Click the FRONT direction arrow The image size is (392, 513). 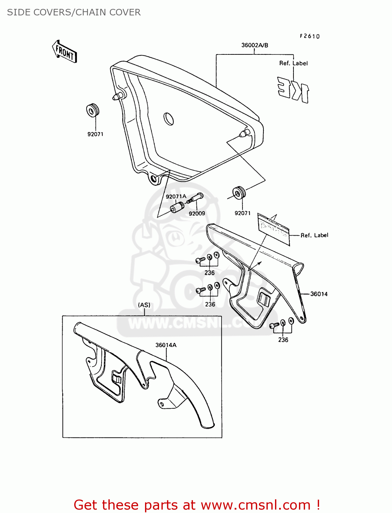pyautogui.click(x=65, y=52)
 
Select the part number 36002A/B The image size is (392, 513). pyautogui.click(x=254, y=45)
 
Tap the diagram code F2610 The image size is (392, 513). pyautogui.click(x=310, y=36)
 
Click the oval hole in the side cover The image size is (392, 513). pyautogui.click(x=169, y=119)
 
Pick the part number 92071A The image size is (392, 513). pyautogui.click(x=176, y=196)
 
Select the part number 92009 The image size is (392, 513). pyautogui.click(x=197, y=213)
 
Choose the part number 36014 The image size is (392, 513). pyautogui.click(x=319, y=294)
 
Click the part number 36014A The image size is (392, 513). pyautogui.click(x=166, y=345)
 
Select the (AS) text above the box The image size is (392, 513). pyautogui.click(x=144, y=305)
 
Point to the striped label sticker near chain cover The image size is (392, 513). pyautogui.click(x=273, y=228)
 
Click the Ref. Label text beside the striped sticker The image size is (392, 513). pyautogui.click(x=314, y=235)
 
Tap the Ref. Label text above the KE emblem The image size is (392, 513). pyautogui.click(x=293, y=63)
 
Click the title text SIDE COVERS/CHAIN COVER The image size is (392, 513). pyautogui.click(x=74, y=12)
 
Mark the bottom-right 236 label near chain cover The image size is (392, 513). pyautogui.click(x=283, y=340)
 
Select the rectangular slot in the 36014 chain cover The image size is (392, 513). pyautogui.click(x=264, y=299)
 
